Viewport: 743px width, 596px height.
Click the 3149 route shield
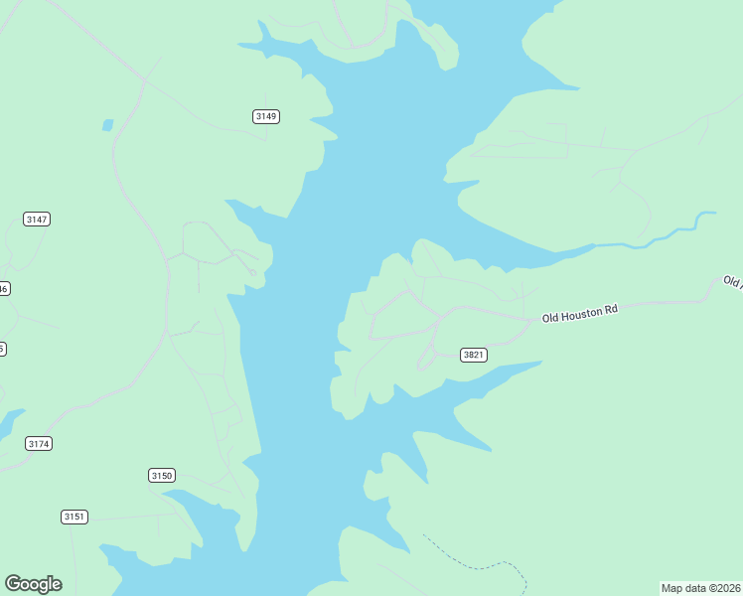(266, 116)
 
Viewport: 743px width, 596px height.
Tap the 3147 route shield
(37, 219)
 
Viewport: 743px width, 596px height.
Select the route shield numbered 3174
(39, 444)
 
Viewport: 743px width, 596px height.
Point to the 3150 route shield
(162, 476)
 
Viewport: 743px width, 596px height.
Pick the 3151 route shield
(74, 517)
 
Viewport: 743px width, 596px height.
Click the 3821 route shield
(474, 355)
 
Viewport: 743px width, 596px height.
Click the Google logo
(33, 584)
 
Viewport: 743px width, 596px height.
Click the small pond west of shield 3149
(107, 125)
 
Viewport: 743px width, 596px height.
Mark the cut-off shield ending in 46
(4, 289)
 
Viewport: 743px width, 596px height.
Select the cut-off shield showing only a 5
(2, 349)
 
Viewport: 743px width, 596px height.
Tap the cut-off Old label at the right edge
(732, 282)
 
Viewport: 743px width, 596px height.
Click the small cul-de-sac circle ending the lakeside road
(253, 272)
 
